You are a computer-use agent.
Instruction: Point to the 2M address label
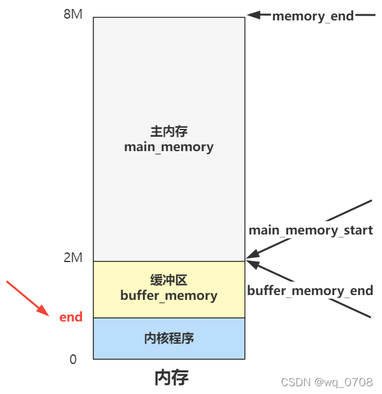click(72, 258)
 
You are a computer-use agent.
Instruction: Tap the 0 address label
click(73, 359)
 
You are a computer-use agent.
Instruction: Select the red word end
click(71, 317)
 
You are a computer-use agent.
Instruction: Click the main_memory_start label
click(311, 230)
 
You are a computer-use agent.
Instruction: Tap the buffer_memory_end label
click(310, 291)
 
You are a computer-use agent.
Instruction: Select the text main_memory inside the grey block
click(169, 147)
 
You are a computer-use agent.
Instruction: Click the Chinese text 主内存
click(169, 132)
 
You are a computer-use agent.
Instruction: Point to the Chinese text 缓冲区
click(169, 280)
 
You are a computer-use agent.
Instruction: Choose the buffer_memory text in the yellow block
click(169, 295)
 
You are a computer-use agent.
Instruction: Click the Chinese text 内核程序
click(169, 338)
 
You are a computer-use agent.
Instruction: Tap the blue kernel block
click(120, 339)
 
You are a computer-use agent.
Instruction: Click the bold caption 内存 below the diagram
click(171, 377)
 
